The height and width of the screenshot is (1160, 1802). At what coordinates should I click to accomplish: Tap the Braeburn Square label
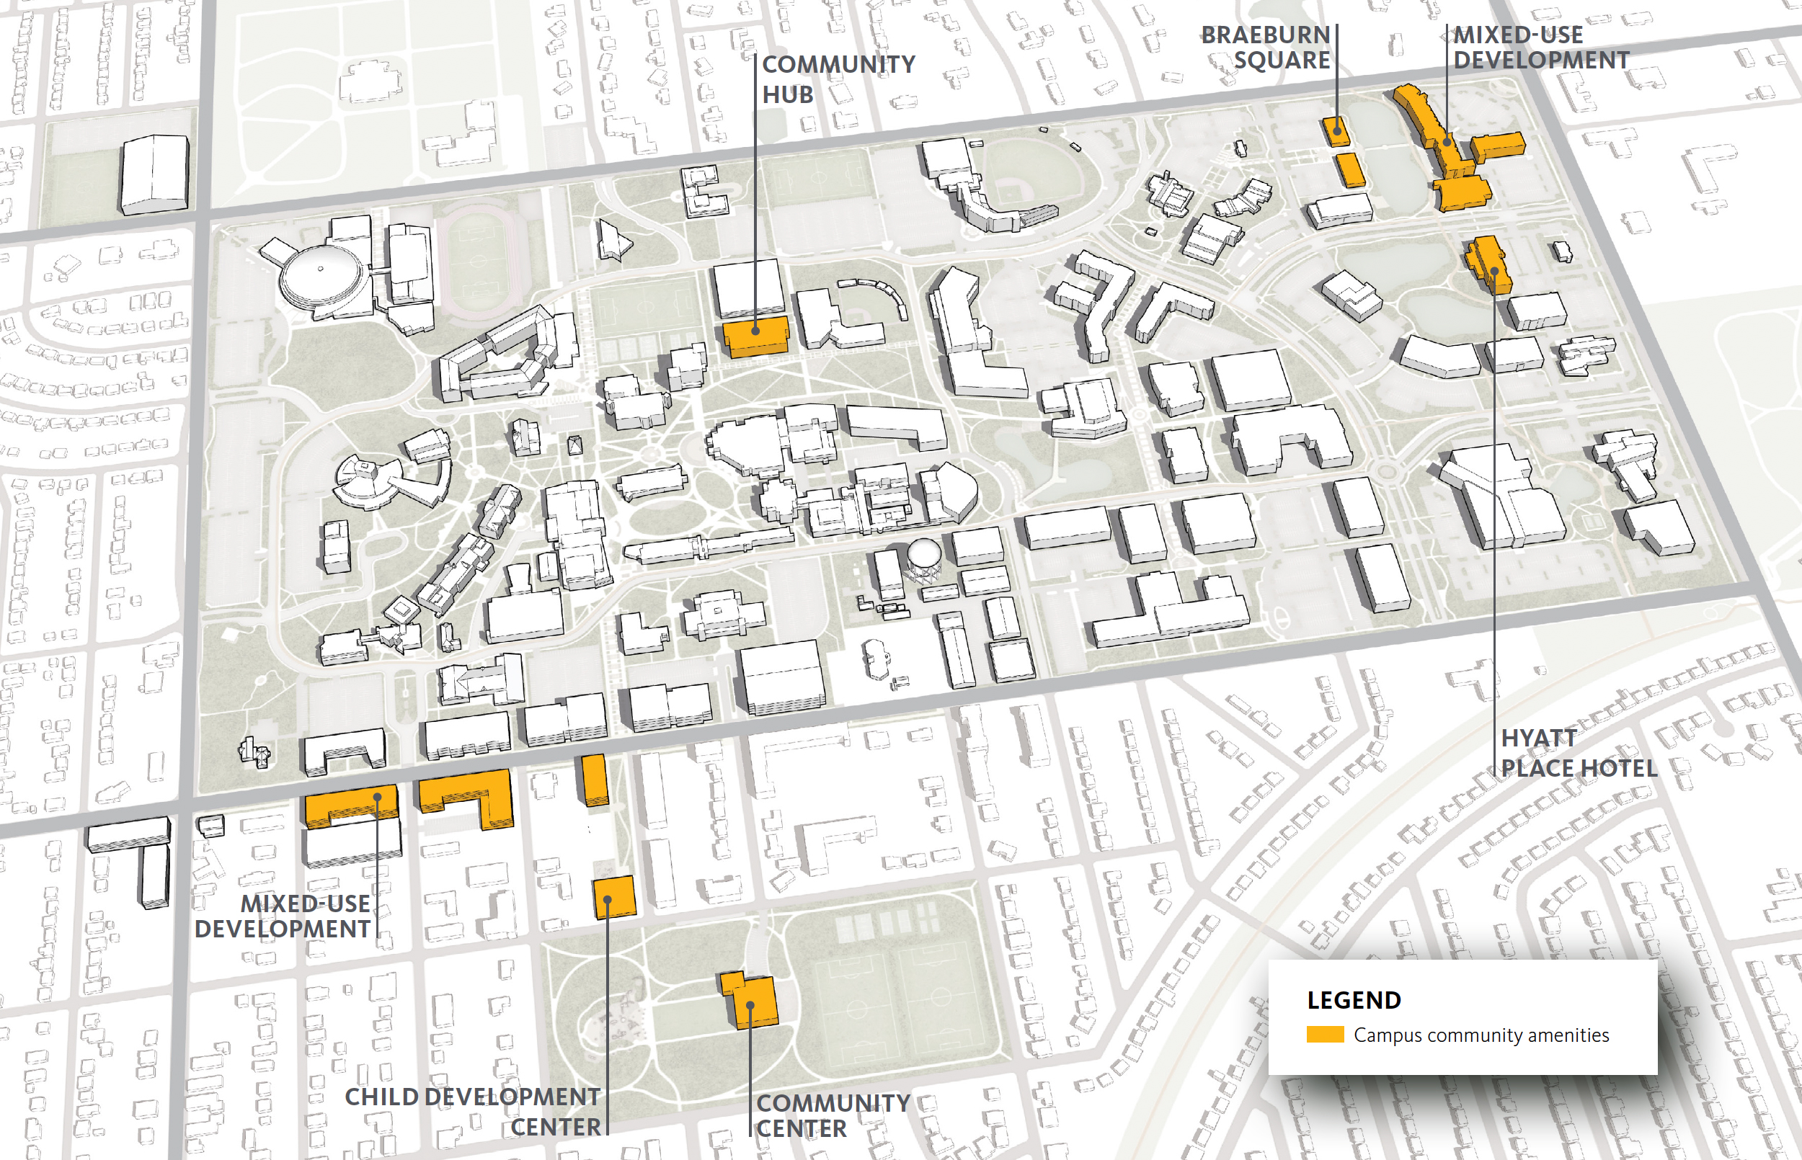coord(1266,48)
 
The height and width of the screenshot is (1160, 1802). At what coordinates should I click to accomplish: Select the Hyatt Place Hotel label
coord(1579,752)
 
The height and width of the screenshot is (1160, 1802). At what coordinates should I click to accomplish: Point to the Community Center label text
coord(833,1115)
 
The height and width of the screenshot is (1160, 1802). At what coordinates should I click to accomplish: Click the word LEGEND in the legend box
coord(1354,1000)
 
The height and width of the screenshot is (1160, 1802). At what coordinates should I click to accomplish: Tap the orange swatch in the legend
coord(1324,1035)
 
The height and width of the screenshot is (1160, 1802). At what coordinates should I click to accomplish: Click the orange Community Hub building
coord(755,336)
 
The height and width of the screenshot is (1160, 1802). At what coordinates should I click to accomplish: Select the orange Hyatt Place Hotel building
coord(1488,265)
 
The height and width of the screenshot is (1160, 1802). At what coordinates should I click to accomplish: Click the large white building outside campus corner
coord(154,175)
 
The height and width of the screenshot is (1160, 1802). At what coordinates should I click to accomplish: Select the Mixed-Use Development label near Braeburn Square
coord(1540,48)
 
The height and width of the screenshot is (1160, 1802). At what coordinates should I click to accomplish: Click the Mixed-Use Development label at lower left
coord(285,916)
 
